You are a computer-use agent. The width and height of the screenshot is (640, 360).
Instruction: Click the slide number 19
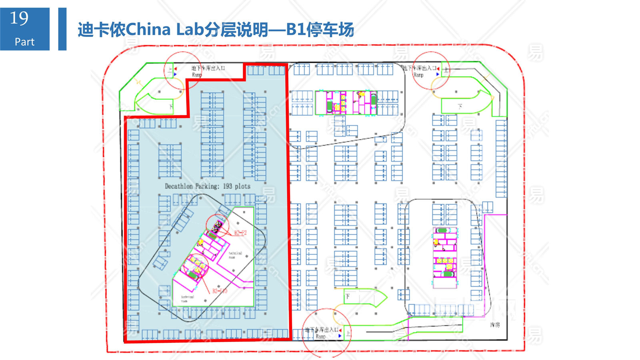19,19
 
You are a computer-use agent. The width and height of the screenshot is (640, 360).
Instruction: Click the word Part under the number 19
24,42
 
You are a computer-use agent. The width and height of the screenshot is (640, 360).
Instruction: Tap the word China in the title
148,30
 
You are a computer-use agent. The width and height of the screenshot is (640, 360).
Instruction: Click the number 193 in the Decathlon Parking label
227,186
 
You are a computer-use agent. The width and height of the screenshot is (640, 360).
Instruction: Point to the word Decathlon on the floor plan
179,186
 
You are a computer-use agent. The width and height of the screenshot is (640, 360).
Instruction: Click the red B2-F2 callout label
240,233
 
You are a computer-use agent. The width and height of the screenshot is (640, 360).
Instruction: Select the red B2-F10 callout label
220,291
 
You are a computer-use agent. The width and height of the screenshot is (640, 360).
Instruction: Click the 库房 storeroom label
495,325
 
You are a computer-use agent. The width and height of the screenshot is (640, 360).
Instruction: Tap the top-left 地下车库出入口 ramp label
208,68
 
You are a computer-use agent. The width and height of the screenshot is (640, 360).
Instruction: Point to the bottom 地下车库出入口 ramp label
322,330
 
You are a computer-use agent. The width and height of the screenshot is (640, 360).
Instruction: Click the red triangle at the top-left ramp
175,69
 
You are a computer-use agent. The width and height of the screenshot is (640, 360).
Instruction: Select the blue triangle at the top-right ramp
438,74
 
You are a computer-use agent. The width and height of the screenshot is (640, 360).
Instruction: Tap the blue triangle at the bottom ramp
340,336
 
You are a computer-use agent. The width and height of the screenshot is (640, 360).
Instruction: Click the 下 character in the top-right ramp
460,106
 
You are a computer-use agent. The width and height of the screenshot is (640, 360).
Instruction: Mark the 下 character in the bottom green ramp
348,296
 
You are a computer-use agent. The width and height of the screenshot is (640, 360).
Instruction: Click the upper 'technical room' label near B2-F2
235,255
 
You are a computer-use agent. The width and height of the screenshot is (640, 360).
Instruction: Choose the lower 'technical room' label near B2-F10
187,298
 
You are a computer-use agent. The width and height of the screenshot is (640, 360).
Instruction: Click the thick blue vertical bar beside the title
62,29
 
